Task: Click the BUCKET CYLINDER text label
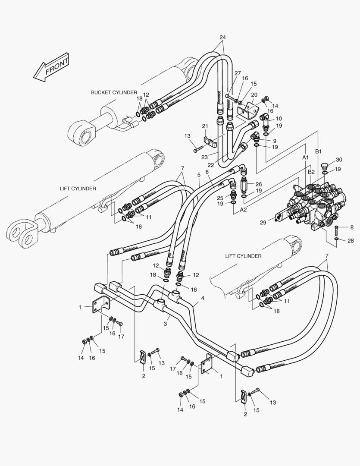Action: [x=114, y=92]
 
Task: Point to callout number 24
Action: [x=222, y=37]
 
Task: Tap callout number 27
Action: [x=238, y=73]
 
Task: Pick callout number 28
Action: [x=351, y=240]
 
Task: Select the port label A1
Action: [x=305, y=157]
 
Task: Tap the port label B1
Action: [x=319, y=151]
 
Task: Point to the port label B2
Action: [x=311, y=172]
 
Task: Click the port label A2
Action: [x=243, y=210]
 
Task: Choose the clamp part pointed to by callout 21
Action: [x=210, y=142]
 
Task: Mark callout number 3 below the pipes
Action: [x=166, y=323]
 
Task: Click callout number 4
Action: [x=203, y=298]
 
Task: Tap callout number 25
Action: [x=220, y=198]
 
